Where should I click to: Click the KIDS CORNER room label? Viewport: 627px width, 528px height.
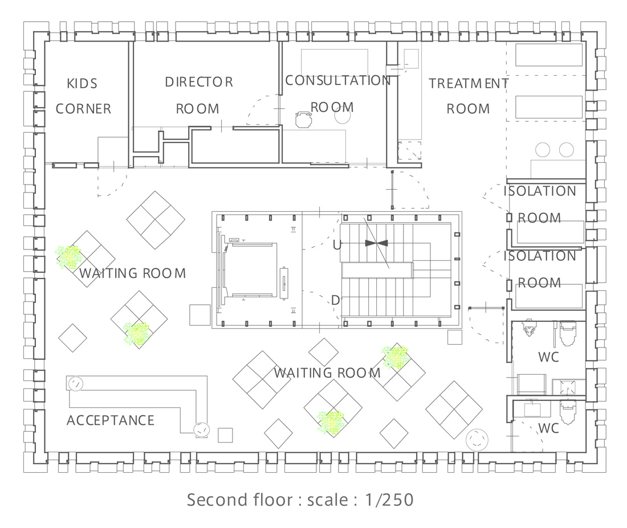[x=83, y=96]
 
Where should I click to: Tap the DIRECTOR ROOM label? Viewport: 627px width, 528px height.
[x=199, y=95]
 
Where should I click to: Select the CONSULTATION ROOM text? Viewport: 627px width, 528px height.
[x=338, y=93]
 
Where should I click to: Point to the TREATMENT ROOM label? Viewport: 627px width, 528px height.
[x=468, y=96]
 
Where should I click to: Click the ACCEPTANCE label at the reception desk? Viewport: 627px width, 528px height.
[x=111, y=420]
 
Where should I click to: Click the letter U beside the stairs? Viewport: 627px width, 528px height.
[x=337, y=244]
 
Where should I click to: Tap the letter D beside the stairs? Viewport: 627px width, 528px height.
[x=336, y=300]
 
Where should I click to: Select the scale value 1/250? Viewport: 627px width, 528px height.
[x=389, y=500]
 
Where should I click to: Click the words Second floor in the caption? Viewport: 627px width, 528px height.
[x=239, y=500]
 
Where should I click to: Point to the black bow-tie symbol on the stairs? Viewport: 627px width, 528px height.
[x=376, y=243]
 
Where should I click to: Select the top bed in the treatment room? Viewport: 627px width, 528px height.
[x=548, y=55]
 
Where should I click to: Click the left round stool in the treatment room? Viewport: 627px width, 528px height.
[x=543, y=150]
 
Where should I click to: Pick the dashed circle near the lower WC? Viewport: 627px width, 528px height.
[x=477, y=440]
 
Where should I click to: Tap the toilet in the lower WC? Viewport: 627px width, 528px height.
[x=568, y=412]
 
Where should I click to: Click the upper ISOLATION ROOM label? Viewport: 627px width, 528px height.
[x=539, y=204]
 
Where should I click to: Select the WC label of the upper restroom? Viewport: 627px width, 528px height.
[x=548, y=357]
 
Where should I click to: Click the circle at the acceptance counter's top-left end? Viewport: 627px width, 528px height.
[x=75, y=384]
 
